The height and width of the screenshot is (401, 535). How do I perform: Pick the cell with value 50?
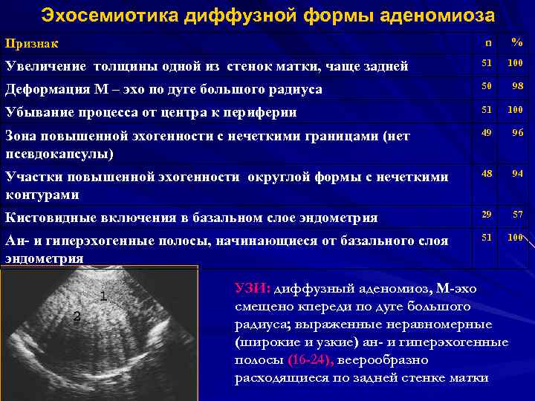[x=487, y=88]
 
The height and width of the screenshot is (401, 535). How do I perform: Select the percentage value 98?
[x=517, y=88]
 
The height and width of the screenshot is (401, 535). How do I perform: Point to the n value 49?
[x=487, y=133]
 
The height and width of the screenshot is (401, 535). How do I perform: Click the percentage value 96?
[x=517, y=133]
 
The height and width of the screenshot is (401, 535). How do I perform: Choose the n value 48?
[x=487, y=173]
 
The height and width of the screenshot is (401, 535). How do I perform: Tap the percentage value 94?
[x=517, y=173]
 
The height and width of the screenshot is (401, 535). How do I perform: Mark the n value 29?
[x=487, y=214]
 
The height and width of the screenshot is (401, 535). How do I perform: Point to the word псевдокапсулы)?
[x=59, y=154]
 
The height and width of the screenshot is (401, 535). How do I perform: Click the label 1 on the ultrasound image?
[x=103, y=296]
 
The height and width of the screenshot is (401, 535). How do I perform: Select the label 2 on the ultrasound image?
[x=77, y=317]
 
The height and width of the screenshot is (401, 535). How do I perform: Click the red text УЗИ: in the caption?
[x=253, y=288]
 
